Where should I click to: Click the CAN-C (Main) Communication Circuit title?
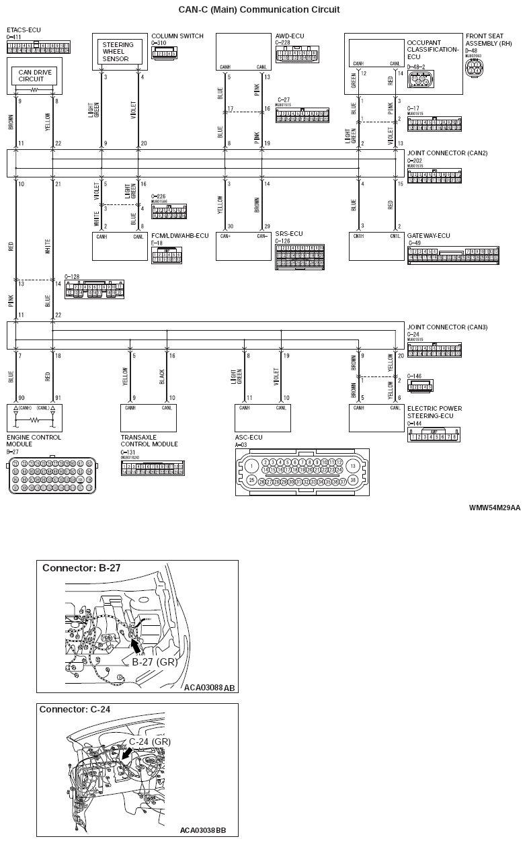(259, 10)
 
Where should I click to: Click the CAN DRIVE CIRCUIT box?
(35, 75)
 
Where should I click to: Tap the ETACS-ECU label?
(24, 30)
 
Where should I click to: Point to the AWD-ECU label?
(291, 36)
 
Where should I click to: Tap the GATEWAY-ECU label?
(428, 235)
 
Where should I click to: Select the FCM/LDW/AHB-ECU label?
(180, 235)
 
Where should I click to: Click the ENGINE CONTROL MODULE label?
(34, 440)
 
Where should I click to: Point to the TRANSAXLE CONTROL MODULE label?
(149, 440)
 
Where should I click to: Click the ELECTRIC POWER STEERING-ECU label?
(434, 411)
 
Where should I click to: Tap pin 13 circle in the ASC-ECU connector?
(352, 466)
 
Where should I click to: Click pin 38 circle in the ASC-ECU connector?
(352, 481)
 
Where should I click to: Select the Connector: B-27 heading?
(81, 568)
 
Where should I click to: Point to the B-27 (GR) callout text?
(154, 662)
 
